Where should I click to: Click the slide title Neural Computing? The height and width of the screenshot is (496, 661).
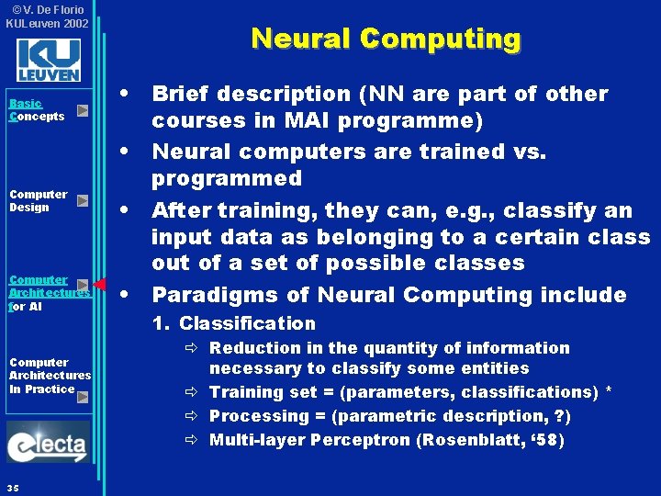[386, 39]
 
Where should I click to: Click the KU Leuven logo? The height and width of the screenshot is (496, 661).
[49, 60]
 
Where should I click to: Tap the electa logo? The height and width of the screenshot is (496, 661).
[49, 444]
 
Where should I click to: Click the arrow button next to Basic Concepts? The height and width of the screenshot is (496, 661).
[82, 110]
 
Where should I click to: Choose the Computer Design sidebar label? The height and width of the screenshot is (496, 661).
[38, 200]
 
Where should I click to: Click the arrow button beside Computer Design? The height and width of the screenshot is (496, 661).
[82, 200]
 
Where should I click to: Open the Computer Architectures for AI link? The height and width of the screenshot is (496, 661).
[45, 292]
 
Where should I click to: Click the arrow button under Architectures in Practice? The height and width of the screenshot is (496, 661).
[82, 398]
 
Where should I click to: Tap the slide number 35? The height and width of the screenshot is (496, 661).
[11, 486]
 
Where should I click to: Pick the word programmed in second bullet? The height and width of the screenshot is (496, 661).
[226, 178]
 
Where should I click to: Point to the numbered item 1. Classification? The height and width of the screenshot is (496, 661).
[233, 323]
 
